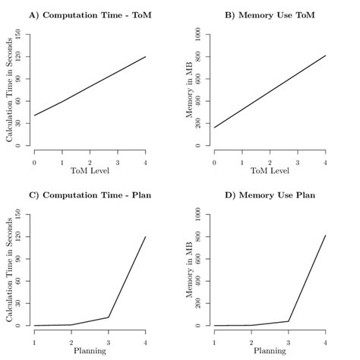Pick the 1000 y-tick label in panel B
click(197, 35)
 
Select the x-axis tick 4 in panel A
click(146, 162)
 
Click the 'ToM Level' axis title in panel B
click(270, 172)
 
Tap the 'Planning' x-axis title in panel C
click(90, 352)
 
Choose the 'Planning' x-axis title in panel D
click(270, 352)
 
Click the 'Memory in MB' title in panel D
click(188, 270)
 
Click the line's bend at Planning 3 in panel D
click(289, 321)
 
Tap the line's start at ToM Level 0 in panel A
click(34, 115)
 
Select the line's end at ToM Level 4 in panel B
click(326, 55)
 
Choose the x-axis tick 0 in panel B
click(214, 162)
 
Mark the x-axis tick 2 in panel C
click(71, 342)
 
